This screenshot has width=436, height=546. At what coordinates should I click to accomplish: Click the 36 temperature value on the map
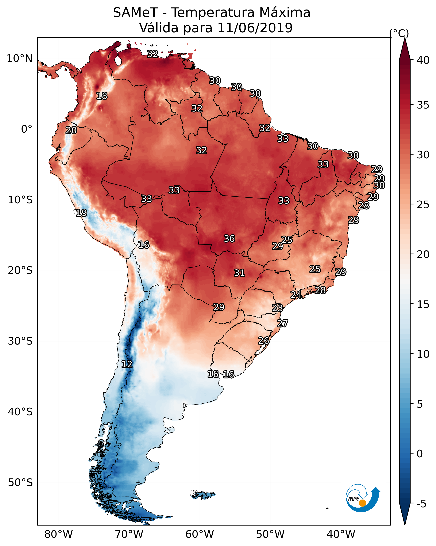(x=229, y=239)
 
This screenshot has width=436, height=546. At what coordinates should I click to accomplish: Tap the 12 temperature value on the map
(x=127, y=364)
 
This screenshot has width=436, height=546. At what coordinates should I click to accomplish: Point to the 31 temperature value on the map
(x=239, y=273)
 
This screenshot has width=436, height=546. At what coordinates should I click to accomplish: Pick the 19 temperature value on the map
(x=81, y=213)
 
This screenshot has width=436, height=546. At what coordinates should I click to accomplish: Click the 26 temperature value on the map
(x=264, y=341)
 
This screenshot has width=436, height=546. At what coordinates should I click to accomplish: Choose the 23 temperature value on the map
(x=277, y=308)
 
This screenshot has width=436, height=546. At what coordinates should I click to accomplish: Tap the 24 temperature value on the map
(x=296, y=295)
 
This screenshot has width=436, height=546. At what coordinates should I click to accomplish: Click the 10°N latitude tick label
(x=19, y=58)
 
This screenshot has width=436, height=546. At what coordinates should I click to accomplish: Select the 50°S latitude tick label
(x=20, y=483)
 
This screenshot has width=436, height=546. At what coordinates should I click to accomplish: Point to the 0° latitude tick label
(x=27, y=129)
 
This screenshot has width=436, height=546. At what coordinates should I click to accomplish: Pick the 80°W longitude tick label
(x=58, y=534)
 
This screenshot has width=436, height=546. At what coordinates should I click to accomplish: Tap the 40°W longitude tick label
(x=341, y=534)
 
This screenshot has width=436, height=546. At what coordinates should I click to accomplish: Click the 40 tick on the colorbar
(x=423, y=60)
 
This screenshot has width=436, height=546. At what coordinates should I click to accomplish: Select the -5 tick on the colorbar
(x=421, y=504)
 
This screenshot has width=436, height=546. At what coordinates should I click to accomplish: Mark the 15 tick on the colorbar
(x=423, y=304)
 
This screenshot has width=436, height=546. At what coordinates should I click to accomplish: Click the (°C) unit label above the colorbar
(x=399, y=33)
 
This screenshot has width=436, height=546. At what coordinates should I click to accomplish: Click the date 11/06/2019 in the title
(x=255, y=28)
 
